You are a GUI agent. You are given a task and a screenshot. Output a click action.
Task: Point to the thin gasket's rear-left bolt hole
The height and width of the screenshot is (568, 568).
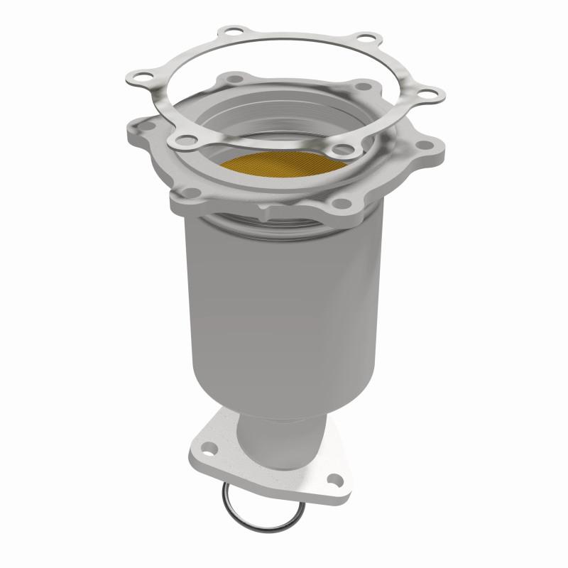tap(231, 32)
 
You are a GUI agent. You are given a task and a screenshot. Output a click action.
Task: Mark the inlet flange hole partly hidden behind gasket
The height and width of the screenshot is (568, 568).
tap(234, 78)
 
